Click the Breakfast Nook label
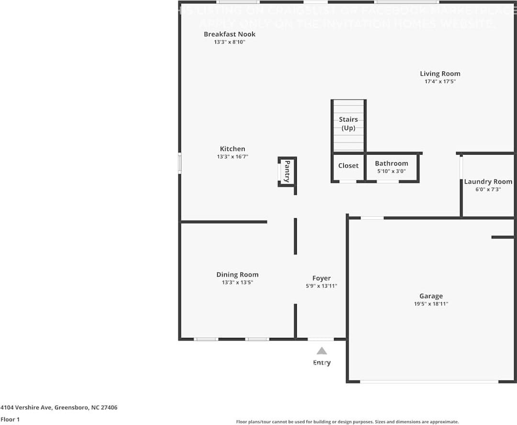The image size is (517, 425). tap(229, 34)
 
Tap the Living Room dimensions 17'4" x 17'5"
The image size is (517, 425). tap(440, 82)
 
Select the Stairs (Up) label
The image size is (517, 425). tap(348, 123)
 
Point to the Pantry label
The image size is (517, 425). tap(287, 171)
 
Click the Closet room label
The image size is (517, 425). tap(348, 166)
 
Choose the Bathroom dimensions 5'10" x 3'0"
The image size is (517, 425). tap(391, 171)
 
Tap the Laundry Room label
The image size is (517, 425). tap(488, 181)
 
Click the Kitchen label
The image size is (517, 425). tap(232, 149)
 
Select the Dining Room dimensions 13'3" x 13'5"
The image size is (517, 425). tap(237, 282)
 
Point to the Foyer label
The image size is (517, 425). tap(321, 278)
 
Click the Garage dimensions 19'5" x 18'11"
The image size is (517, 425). tap(431, 304)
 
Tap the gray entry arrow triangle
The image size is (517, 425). tap(322, 351)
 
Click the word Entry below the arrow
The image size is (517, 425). tap(322, 363)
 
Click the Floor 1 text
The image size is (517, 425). tap(10, 419)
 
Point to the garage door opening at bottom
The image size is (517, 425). tap(429, 381)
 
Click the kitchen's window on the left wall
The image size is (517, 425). tap(180, 163)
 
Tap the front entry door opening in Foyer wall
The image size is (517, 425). tap(321, 339)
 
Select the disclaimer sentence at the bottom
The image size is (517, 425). tap(347, 422)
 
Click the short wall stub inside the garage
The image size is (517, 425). tap(503, 237)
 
